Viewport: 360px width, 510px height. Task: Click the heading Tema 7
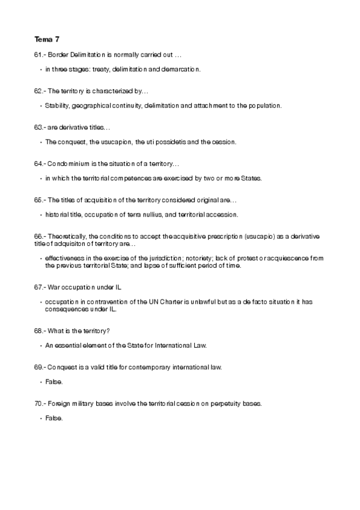47,40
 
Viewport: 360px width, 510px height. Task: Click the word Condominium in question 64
69,164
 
